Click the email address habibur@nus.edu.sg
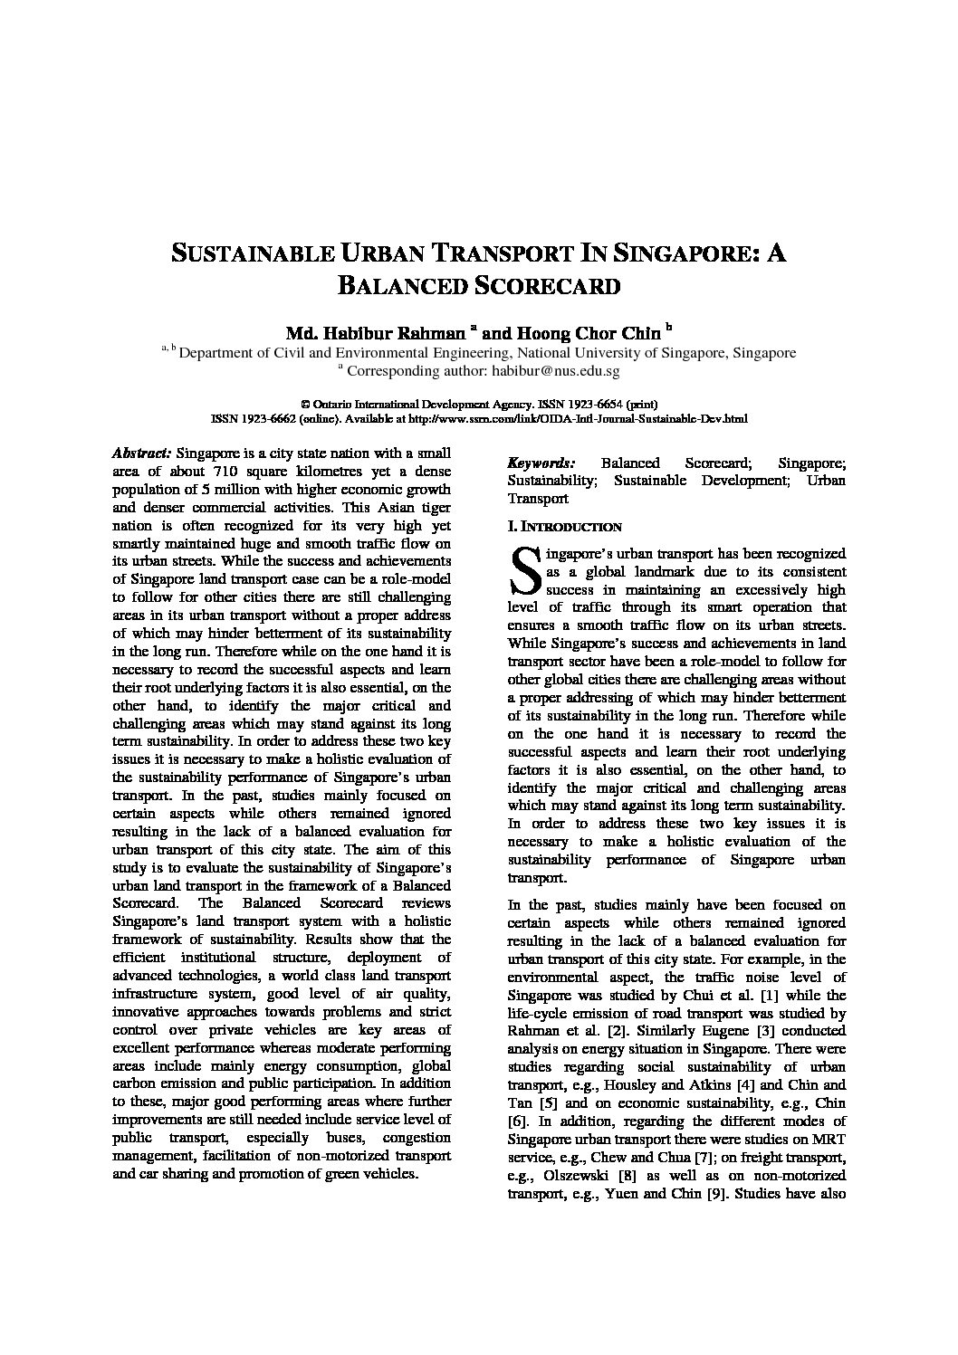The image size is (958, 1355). coord(555,370)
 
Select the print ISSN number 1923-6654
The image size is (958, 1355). coord(595,404)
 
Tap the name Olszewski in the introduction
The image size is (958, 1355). coord(577,1175)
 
